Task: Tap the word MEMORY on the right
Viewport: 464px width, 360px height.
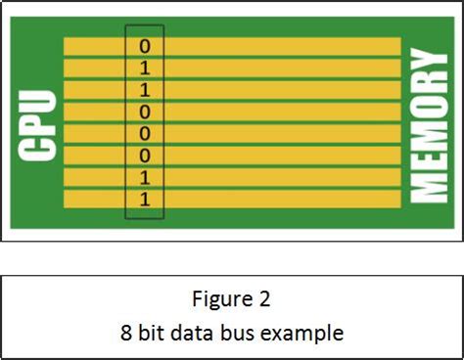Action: click(429, 126)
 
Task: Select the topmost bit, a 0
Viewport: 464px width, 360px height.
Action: click(145, 46)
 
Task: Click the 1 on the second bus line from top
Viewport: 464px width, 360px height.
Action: click(145, 67)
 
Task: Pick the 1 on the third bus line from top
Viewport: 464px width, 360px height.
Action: click(145, 89)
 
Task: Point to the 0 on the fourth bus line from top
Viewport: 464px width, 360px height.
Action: click(145, 111)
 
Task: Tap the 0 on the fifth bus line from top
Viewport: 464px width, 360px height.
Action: click(145, 133)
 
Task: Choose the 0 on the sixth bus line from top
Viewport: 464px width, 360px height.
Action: click(145, 155)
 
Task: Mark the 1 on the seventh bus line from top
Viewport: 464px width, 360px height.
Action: click(145, 176)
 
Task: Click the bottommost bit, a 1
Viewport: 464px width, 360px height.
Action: click(145, 199)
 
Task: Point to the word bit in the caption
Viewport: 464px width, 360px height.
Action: click(148, 333)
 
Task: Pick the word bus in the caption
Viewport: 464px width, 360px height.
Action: click(237, 333)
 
